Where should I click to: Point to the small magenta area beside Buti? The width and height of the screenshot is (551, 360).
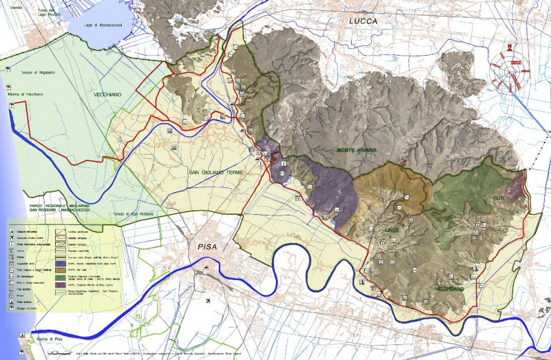(513, 187)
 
